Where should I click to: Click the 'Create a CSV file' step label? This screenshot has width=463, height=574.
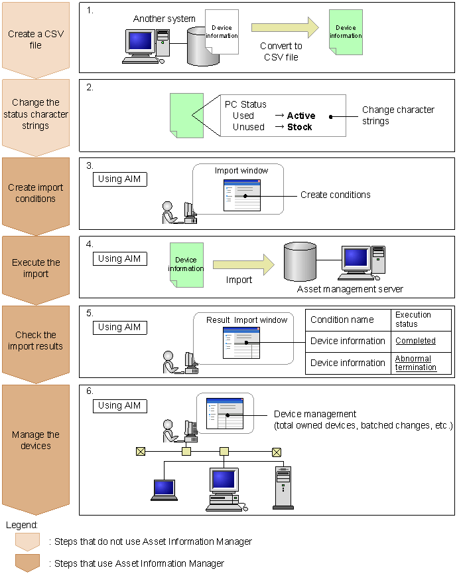pos(35,40)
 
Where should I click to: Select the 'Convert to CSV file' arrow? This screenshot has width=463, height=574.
pos(281,29)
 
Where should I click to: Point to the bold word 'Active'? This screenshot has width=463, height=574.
pos(301,116)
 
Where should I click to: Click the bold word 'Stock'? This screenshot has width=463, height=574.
pos(299,127)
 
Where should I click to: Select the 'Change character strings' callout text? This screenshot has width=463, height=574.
pos(397,116)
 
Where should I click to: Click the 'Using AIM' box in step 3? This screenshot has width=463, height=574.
pos(119,179)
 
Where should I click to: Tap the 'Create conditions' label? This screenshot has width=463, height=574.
pos(335,195)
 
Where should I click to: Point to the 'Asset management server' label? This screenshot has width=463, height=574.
pos(350,289)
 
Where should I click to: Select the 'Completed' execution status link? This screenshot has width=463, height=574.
pos(415,341)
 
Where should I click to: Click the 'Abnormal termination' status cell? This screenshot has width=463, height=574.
pos(416,363)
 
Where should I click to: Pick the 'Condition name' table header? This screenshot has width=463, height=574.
pos(342,320)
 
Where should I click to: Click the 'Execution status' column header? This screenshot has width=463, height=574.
pos(413,319)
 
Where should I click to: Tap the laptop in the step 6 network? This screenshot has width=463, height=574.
pos(163,490)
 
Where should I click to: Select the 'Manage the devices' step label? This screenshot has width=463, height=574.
pos(35,440)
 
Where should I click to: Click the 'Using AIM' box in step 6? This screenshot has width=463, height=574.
pos(119,405)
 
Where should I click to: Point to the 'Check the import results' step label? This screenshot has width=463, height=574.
pos(35,340)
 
